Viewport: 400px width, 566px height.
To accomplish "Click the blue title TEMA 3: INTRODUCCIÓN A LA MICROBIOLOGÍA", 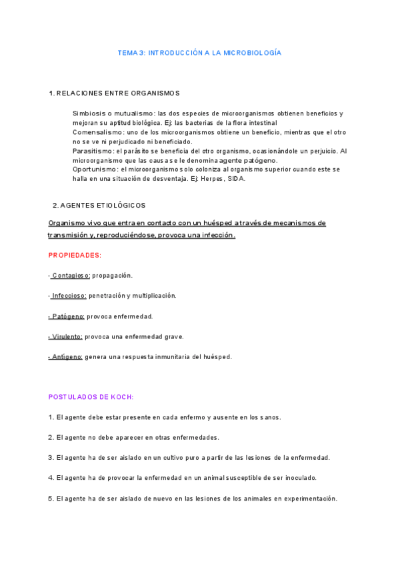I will click(199, 53).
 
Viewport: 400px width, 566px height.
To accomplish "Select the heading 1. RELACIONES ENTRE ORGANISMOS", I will click(114, 93).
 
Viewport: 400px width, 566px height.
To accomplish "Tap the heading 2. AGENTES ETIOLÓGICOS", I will click(99, 206).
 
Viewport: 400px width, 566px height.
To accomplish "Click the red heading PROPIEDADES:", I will click(75, 255).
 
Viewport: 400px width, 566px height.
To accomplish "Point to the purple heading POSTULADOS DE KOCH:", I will click(91, 396).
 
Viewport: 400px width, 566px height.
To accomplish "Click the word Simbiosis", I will click(87, 113).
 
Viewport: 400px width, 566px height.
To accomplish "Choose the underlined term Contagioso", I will click(71, 276).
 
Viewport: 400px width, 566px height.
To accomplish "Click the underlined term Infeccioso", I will click(69, 296).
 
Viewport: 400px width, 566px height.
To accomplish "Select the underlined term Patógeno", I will click(67, 316).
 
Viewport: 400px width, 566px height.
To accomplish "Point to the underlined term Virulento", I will click(67, 336).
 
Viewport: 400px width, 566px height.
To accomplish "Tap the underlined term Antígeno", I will click(67, 357).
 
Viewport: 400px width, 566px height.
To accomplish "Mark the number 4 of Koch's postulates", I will click(51, 478).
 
